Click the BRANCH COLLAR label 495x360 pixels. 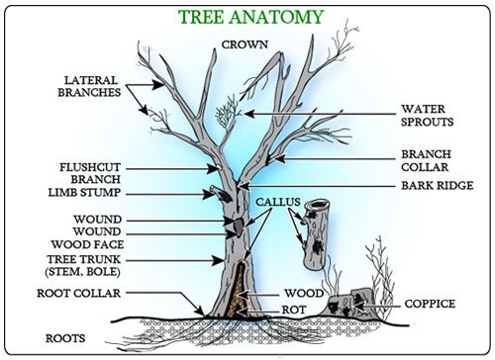[427, 160]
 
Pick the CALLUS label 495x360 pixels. [275, 202]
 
